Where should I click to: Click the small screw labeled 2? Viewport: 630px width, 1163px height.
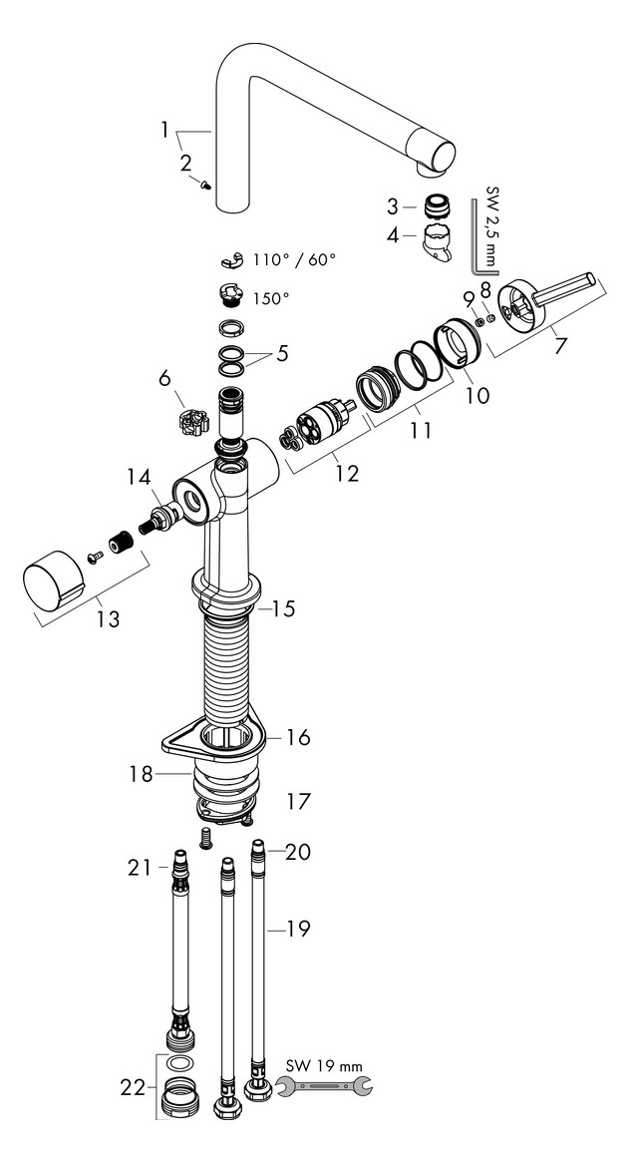pyautogui.click(x=204, y=185)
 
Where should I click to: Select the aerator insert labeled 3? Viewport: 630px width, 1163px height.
pyautogui.click(x=435, y=206)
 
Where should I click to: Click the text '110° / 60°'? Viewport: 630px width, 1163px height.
pyautogui.click(x=294, y=259)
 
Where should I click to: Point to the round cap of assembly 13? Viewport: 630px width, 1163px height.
pyautogui.click(x=51, y=584)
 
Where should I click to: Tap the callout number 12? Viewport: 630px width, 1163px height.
pyautogui.click(x=345, y=474)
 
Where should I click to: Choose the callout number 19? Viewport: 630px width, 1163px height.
pyautogui.click(x=296, y=930)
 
